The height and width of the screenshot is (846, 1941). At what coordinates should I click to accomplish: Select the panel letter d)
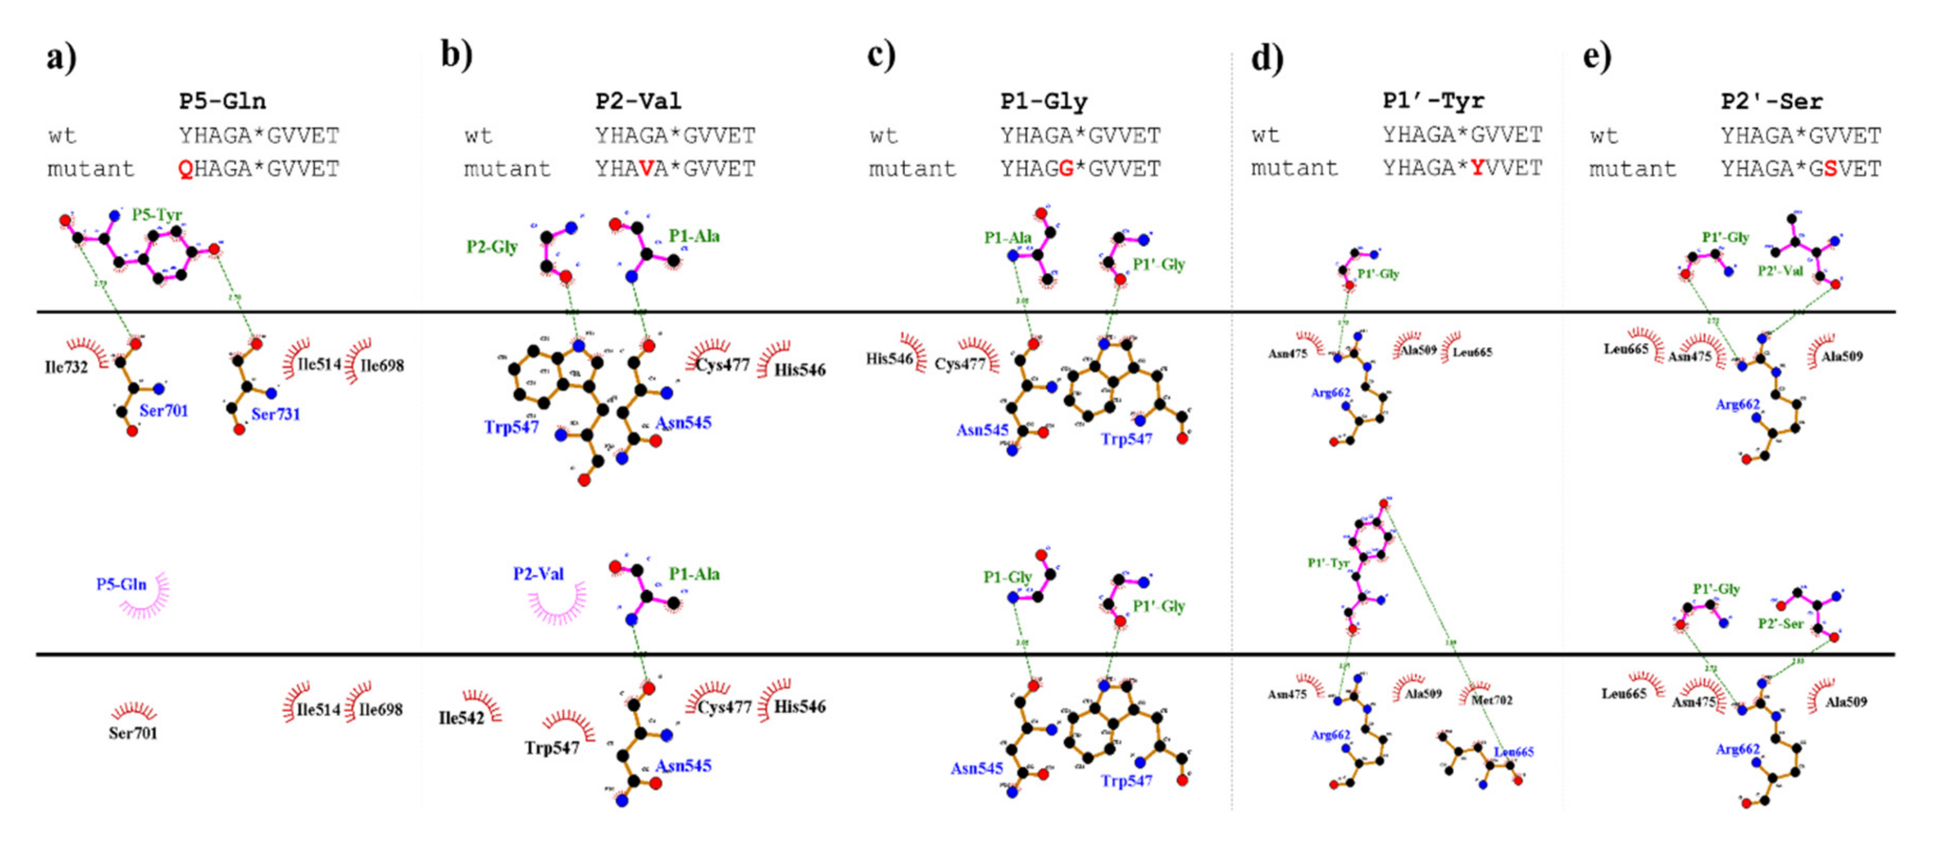pyautogui.click(x=1267, y=58)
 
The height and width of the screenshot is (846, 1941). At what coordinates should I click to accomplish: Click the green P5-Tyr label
pyautogui.click(x=157, y=214)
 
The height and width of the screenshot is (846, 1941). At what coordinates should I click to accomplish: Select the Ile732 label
pyautogui.click(x=67, y=367)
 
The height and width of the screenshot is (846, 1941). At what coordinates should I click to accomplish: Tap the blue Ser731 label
pyautogui.click(x=275, y=414)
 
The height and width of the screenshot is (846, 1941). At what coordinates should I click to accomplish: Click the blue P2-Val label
pyautogui.click(x=538, y=574)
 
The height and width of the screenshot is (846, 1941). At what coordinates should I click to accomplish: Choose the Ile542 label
pyautogui.click(x=461, y=718)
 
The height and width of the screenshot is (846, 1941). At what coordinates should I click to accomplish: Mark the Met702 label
pyautogui.click(x=1492, y=700)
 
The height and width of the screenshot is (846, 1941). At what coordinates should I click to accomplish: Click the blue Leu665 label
pyautogui.click(x=1514, y=752)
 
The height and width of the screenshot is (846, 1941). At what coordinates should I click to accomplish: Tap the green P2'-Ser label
pyautogui.click(x=1781, y=624)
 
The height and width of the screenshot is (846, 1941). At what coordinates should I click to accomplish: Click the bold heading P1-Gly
pyautogui.click(x=1044, y=101)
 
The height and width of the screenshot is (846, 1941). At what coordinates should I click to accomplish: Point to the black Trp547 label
pyautogui.click(x=552, y=748)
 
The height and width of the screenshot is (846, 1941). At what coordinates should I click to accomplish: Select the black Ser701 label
pyautogui.click(x=133, y=733)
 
